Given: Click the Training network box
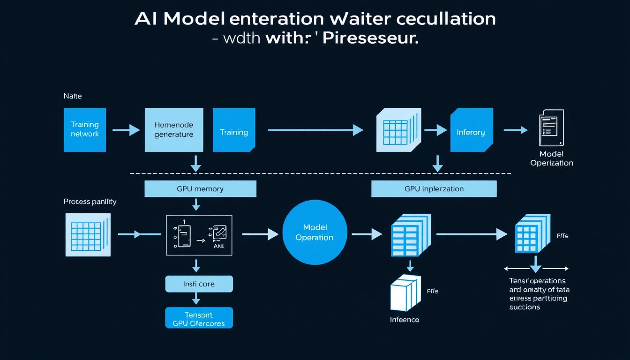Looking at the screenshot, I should [x=85, y=129].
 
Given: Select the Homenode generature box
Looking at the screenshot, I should [x=174, y=129].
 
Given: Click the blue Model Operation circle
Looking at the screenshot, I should [x=315, y=232].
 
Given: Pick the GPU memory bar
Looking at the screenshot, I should [x=200, y=189].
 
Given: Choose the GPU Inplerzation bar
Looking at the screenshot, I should [x=434, y=189].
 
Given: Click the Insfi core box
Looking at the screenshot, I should [x=199, y=284].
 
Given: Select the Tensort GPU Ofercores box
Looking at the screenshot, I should [x=199, y=318].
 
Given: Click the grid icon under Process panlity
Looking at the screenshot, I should [x=88, y=234].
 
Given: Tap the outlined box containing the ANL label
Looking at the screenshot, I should [x=199, y=235].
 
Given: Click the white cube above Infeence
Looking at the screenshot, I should [x=403, y=295].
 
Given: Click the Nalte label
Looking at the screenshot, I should [x=73, y=96].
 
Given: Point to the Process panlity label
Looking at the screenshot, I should [x=90, y=202].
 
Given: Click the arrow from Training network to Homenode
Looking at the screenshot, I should [x=126, y=130].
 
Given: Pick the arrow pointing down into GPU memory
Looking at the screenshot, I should [x=196, y=163].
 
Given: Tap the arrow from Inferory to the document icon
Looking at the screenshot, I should [x=515, y=130].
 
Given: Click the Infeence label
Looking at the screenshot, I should [x=405, y=320].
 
